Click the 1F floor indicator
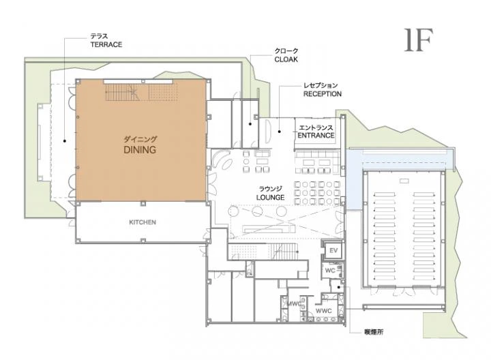click(x=418, y=40)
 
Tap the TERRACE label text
click(x=106, y=44)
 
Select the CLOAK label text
click(x=286, y=59)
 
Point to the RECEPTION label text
click(x=322, y=93)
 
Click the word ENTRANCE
click(x=316, y=135)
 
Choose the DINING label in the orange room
click(x=140, y=149)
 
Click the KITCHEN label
click(x=143, y=222)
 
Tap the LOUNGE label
click(x=270, y=198)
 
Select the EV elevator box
click(x=333, y=250)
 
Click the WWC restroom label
click(x=323, y=311)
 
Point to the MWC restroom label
click(x=295, y=303)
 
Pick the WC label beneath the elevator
click(x=330, y=271)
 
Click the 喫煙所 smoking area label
click(x=374, y=332)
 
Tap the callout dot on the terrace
click(x=65, y=141)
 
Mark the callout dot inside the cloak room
click(x=250, y=124)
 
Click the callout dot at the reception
click(x=280, y=132)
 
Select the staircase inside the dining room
click(x=122, y=92)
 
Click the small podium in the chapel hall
click(x=404, y=181)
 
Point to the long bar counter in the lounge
click(x=269, y=230)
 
